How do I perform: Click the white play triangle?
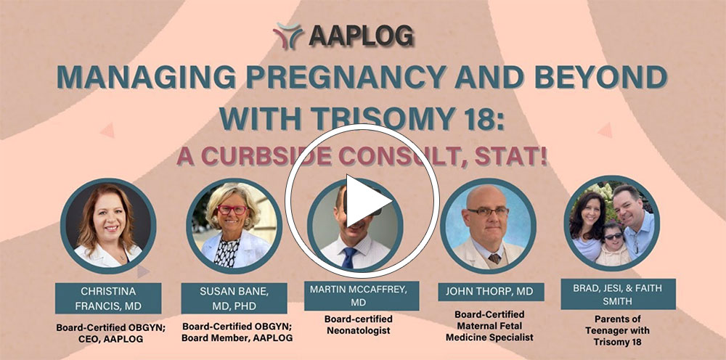click(x=366, y=200)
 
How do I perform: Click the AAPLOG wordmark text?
click(x=362, y=36)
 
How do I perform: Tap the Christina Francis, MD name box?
click(x=108, y=298)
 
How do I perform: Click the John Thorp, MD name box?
click(x=491, y=292)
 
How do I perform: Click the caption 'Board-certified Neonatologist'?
click(x=359, y=324)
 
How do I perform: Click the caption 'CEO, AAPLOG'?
click(x=109, y=338)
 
